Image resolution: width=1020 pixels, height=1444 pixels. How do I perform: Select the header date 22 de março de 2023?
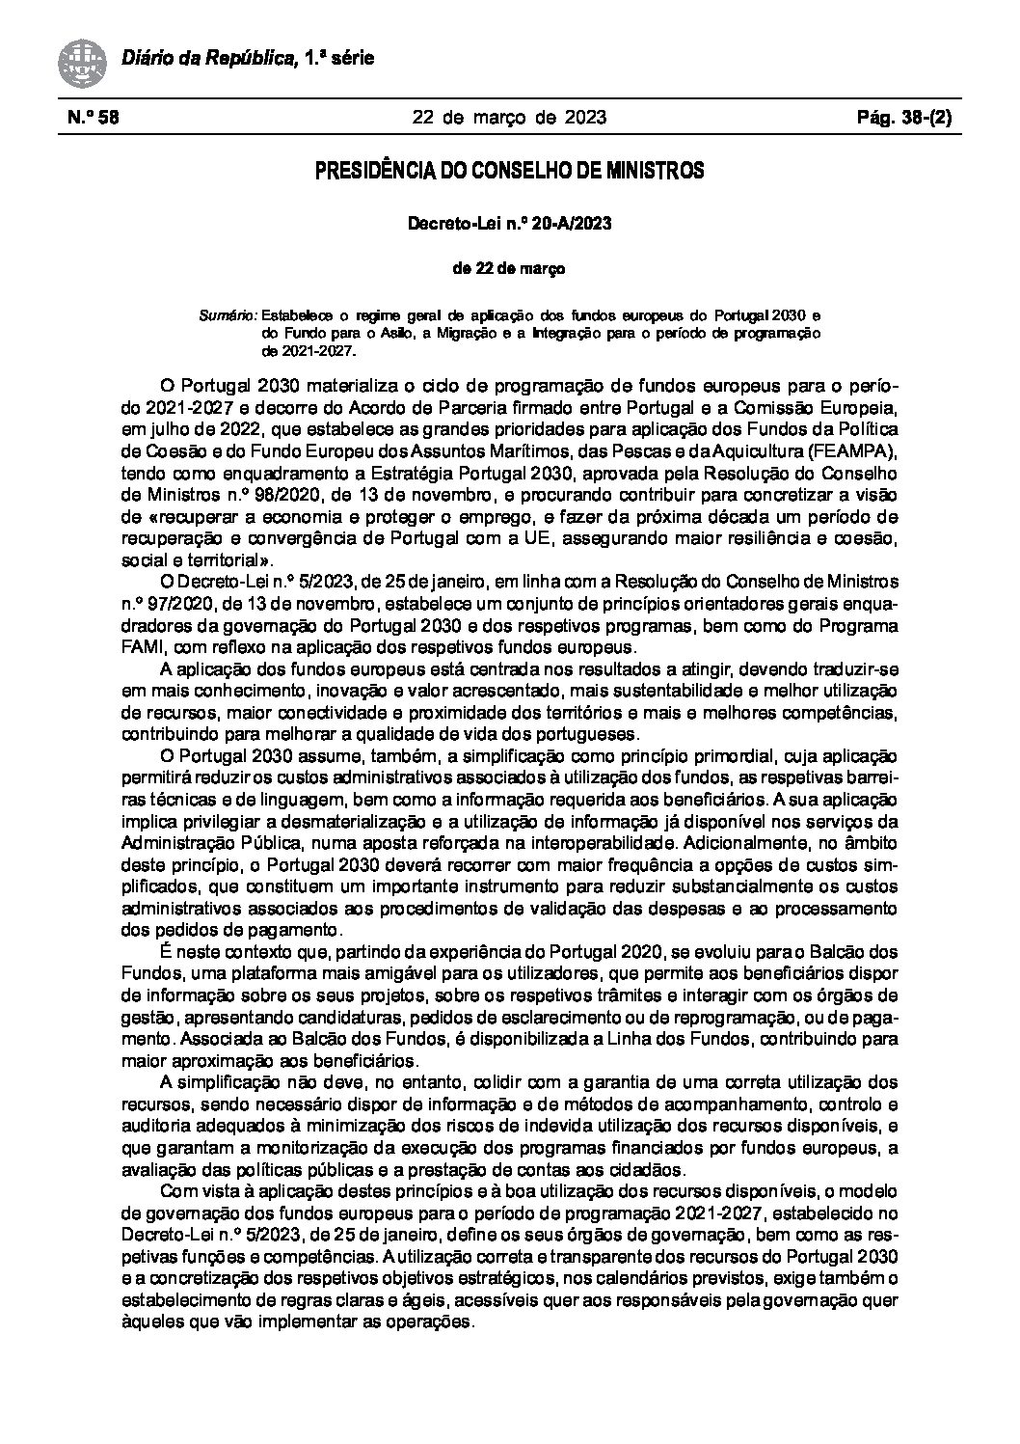[x=509, y=119]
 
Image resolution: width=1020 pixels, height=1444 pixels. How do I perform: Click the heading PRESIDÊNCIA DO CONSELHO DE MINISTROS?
[x=509, y=173]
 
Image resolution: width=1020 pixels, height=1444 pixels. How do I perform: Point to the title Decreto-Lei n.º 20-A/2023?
[x=509, y=224]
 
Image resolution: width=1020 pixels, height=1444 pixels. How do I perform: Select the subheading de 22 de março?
[x=509, y=269]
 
